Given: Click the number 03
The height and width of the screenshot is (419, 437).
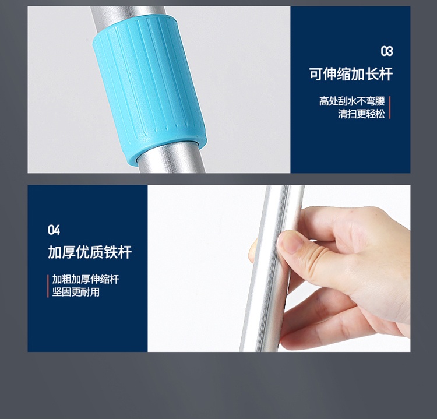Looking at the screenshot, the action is pos(387,51).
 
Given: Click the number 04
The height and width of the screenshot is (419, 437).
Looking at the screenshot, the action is pos(54,230).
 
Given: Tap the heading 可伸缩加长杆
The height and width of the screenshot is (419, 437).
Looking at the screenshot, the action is pos(351,74).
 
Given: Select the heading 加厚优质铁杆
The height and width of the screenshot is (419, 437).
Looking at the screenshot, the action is pos(90,252).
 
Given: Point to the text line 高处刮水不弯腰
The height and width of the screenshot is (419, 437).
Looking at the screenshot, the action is pos(352,101).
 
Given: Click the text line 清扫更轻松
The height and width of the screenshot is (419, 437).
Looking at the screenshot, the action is pos(361,114).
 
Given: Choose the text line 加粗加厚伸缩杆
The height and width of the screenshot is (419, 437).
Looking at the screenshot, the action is pos(86,279).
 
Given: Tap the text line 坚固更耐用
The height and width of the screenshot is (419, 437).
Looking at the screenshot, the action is pos(76,292).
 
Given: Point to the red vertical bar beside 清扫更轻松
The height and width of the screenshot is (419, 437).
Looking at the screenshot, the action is pos(389,107).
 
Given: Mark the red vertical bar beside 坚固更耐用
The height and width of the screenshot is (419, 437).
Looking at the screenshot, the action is pos(48,286).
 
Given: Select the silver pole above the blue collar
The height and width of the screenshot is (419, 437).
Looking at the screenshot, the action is pos(125,17).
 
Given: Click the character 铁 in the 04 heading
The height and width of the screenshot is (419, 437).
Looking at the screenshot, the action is pos(111,252).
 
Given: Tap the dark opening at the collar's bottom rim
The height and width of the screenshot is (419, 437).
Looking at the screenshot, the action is pos(167,148).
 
